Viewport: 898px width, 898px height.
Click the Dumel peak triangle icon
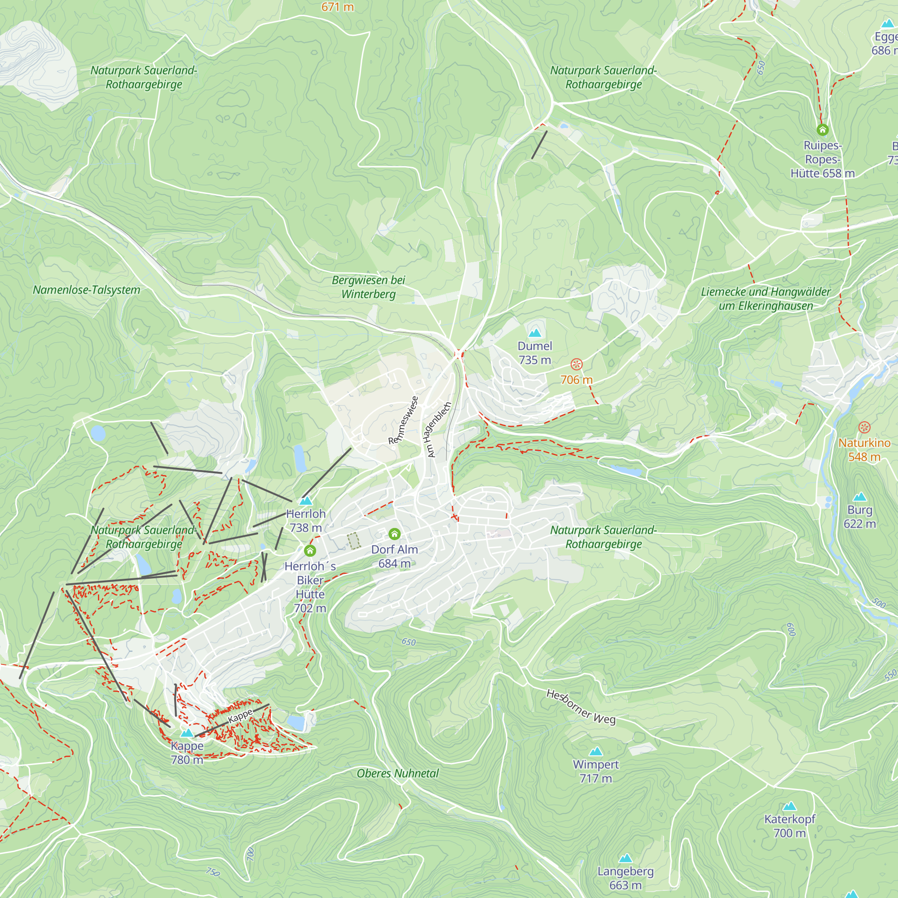coord(535,333)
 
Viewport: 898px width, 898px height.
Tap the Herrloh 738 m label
coord(306,520)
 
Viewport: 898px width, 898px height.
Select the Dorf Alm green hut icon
coord(394,533)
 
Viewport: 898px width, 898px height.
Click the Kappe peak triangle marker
coord(187,733)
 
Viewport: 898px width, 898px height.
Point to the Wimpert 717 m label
coord(596,771)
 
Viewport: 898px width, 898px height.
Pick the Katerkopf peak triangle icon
coord(790,806)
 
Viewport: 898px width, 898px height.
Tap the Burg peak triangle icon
coord(860,497)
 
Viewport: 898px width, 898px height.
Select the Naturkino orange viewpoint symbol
coord(864,427)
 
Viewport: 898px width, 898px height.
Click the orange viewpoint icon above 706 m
coord(577,365)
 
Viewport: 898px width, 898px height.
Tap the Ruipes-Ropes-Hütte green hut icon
coord(823,130)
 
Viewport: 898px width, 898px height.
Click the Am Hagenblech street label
coord(436,430)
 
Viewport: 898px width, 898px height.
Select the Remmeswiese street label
coord(404,420)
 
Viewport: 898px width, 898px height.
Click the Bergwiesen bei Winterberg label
coord(369,287)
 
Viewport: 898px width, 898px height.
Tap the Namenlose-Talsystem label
coord(87,290)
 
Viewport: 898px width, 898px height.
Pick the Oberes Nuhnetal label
coord(398,774)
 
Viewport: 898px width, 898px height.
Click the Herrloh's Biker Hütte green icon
coord(310,551)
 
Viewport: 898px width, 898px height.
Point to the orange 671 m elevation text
coord(338,7)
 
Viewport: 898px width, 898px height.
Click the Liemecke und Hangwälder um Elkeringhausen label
coord(766,299)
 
